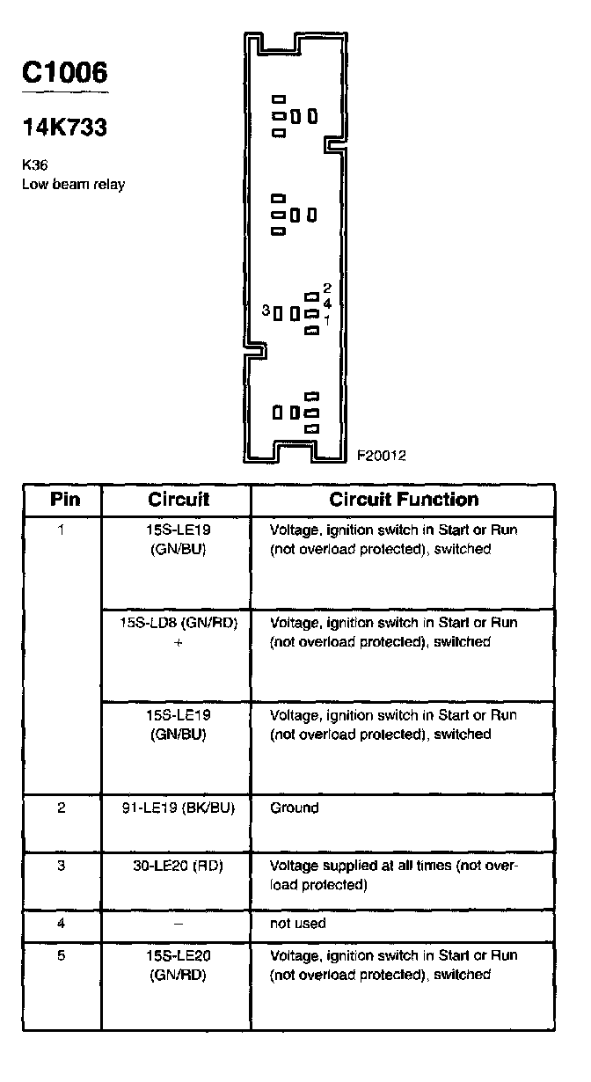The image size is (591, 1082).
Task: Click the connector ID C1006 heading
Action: (65, 74)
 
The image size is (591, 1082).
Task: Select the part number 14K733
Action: (65, 128)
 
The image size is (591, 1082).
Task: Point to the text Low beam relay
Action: (73, 184)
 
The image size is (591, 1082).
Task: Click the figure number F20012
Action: (381, 456)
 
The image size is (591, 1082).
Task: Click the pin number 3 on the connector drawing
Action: (266, 311)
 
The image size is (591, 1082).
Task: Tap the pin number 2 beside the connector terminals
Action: (326, 288)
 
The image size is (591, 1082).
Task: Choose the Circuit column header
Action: (179, 500)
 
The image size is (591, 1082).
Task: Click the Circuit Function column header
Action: (404, 500)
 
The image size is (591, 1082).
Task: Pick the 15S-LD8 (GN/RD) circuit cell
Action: (179, 623)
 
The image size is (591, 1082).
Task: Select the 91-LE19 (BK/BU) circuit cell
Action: (179, 808)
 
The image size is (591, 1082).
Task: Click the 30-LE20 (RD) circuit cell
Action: (179, 866)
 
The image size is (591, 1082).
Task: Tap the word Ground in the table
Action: (295, 808)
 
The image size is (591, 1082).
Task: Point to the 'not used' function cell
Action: (298, 924)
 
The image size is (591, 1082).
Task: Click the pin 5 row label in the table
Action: (62, 955)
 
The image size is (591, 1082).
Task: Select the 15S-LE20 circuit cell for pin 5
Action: (179, 964)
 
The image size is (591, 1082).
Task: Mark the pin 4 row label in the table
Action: (62, 924)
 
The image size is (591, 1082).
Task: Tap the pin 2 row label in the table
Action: (62, 808)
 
